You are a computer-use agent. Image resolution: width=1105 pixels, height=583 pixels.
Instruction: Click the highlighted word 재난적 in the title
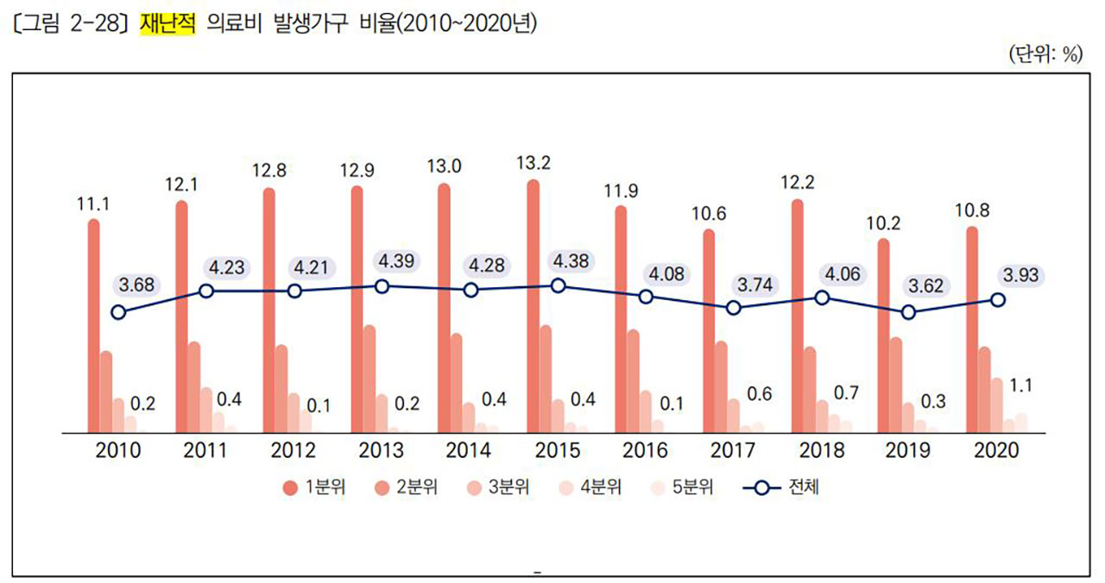(x=167, y=23)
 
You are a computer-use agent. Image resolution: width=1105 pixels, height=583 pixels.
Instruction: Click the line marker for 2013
(x=382, y=286)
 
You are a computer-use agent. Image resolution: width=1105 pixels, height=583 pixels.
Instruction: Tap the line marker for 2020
(x=998, y=299)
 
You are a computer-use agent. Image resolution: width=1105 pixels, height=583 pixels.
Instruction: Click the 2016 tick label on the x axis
(x=644, y=450)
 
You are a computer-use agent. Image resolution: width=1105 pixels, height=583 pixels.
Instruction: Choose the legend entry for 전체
(x=781, y=488)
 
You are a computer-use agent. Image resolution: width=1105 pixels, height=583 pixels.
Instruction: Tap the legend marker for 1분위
(x=290, y=489)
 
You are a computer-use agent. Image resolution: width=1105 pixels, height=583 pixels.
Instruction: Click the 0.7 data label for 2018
(x=846, y=393)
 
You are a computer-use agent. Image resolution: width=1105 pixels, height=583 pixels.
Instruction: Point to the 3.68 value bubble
(x=136, y=285)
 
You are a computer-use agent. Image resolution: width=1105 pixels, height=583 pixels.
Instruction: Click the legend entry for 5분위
(x=685, y=488)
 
